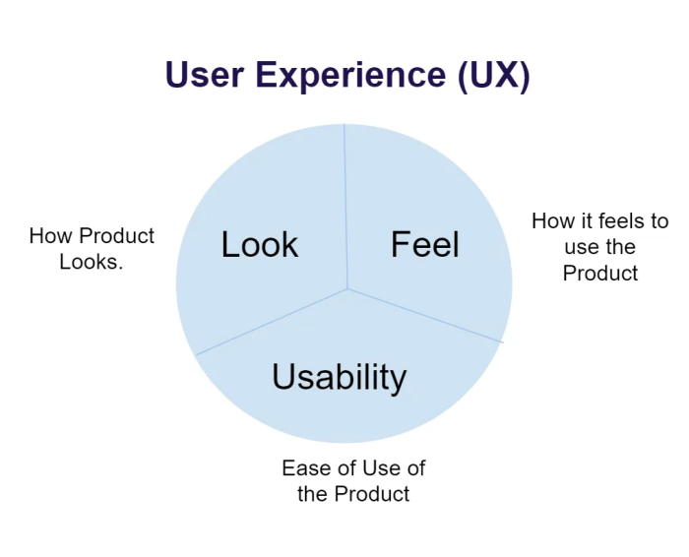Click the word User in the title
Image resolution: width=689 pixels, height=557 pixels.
click(205, 74)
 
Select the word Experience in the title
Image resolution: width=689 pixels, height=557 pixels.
click(350, 76)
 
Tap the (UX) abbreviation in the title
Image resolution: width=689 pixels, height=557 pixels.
click(493, 76)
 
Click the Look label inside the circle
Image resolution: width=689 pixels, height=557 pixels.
click(260, 244)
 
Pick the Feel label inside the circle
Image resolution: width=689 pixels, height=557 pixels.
click(425, 244)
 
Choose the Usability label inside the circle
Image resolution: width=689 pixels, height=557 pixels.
click(340, 377)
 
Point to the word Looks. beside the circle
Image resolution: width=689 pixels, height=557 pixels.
click(92, 262)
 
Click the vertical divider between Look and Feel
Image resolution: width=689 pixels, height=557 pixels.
click(345, 207)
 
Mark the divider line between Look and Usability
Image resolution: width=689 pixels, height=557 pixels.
click(272, 322)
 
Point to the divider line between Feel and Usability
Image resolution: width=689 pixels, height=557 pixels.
click(425, 316)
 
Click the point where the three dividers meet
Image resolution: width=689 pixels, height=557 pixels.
click(347, 289)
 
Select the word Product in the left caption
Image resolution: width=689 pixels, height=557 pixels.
click(117, 236)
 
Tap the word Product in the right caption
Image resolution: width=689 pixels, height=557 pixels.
click(600, 274)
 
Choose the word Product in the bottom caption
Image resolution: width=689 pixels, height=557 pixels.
click(372, 494)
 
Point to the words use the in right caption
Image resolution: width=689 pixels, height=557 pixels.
click(600, 247)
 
